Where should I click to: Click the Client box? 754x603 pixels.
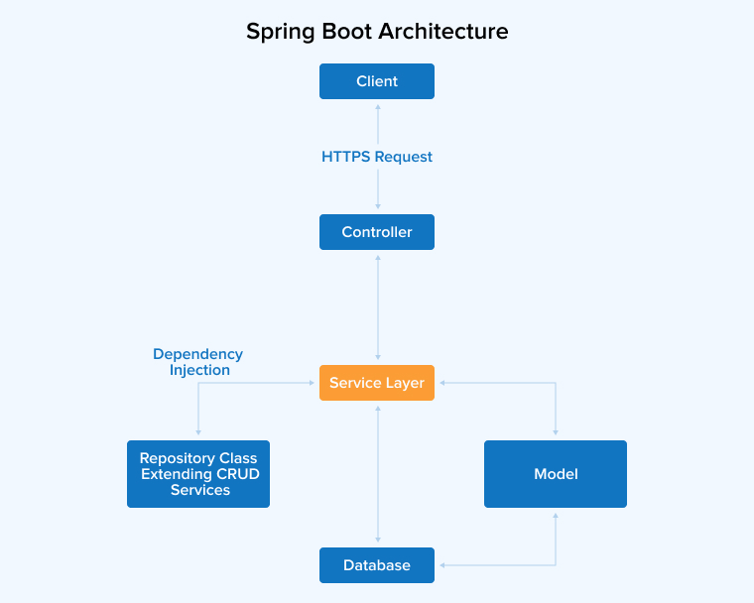pyautogui.click(x=377, y=81)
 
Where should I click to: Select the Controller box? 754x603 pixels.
pyautogui.click(x=377, y=232)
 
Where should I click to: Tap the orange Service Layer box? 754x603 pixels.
pyautogui.click(x=377, y=383)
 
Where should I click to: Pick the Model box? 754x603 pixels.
pyautogui.click(x=556, y=474)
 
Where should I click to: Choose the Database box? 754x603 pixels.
pyautogui.click(x=377, y=565)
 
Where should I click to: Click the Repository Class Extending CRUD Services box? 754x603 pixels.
pyautogui.click(x=198, y=474)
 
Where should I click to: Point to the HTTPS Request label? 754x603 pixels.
pyautogui.click(x=377, y=157)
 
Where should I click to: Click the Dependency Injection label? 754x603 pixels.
pyautogui.click(x=198, y=362)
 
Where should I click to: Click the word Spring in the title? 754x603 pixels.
pyautogui.click(x=282, y=32)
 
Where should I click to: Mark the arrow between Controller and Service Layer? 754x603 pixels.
pyautogui.click(x=377, y=307)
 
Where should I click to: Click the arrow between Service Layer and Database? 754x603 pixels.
pyautogui.click(x=377, y=474)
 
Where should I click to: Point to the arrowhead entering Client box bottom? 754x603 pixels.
pyautogui.click(x=377, y=104)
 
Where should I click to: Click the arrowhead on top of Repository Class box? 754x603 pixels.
pyautogui.click(x=198, y=432)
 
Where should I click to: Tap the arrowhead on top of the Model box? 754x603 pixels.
pyautogui.click(x=556, y=432)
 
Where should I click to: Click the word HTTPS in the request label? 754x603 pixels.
pyautogui.click(x=343, y=157)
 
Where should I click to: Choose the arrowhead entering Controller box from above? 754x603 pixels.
pyautogui.click(x=377, y=209)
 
